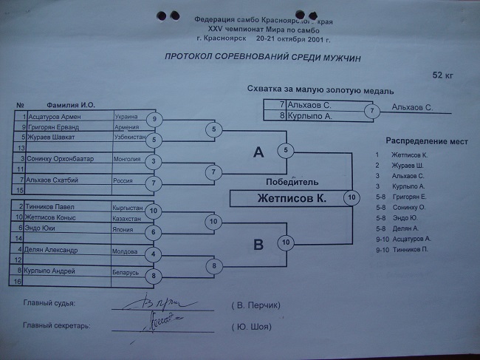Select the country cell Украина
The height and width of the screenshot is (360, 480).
pyautogui.click(x=127, y=117)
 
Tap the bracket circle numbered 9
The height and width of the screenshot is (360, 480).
pyautogui.click(x=154, y=120)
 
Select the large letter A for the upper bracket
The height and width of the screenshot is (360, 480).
pyautogui.click(x=258, y=152)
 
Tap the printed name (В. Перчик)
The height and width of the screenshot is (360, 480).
pyautogui.click(x=257, y=305)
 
